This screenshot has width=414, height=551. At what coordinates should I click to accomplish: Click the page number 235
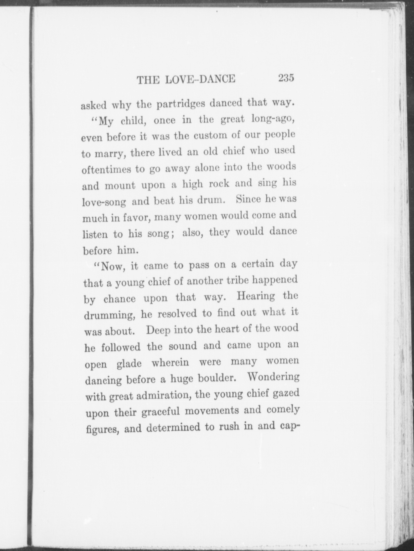[285, 78]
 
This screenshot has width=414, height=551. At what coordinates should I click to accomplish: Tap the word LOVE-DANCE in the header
[200, 79]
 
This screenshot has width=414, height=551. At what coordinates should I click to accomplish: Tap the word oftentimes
[106, 169]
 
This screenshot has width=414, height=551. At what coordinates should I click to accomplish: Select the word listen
[95, 234]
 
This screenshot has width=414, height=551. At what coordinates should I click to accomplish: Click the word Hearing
[256, 296]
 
